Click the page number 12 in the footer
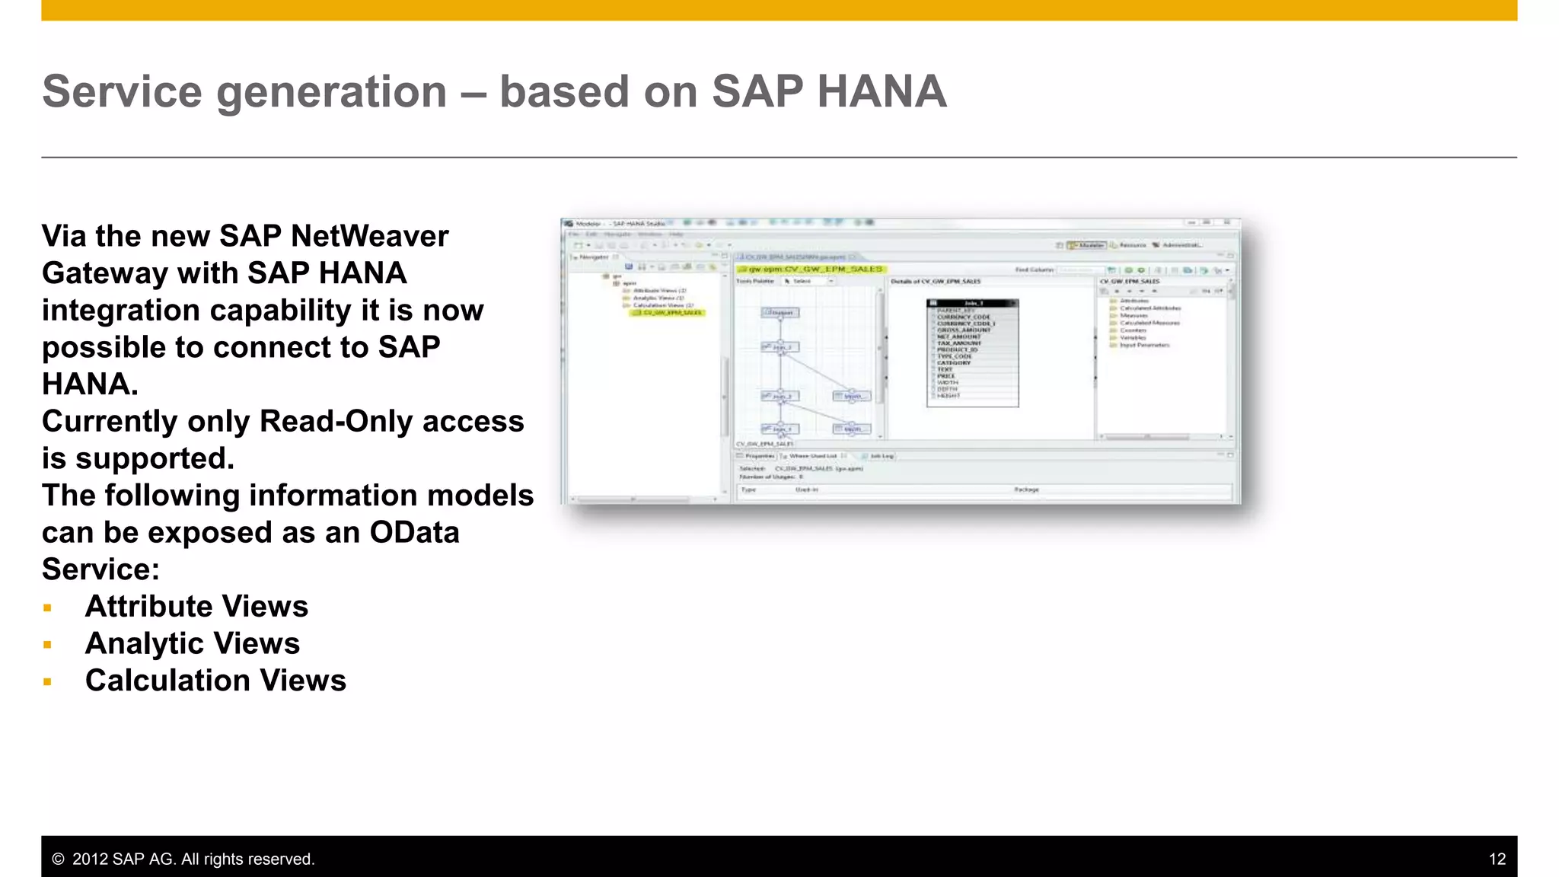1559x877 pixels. pyautogui.click(x=1497, y=859)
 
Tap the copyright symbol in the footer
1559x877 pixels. pyautogui.click(x=58, y=859)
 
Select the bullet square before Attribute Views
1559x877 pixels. pyautogui.click(x=48, y=608)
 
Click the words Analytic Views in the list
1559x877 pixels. pyautogui.click(x=193, y=643)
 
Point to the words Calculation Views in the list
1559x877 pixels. pyautogui.click(x=215, y=681)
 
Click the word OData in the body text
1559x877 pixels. pyautogui.click(x=414, y=532)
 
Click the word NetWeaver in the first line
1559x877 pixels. pyautogui.click(x=369, y=236)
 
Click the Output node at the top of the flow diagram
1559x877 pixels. pyautogui.click(x=781, y=312)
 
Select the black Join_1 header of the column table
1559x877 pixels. pyautogui.click(x=973, y=303)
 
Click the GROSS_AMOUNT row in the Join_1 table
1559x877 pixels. pyautogui.click(x=964, y=330)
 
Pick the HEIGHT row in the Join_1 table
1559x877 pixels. pyautogui.click(x=948, y=396)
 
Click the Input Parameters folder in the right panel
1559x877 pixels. pyautogui.click(x=1143, y=345)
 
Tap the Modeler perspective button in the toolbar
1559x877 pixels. pyautogui.click(x=1087, y=245)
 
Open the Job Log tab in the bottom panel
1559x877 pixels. pyautogui.click(x=881, y=456)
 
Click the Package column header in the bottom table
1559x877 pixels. pyautogui.click(x=1026, y=490)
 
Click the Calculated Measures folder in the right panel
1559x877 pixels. pyautogui.click(x=1149, y=323)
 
